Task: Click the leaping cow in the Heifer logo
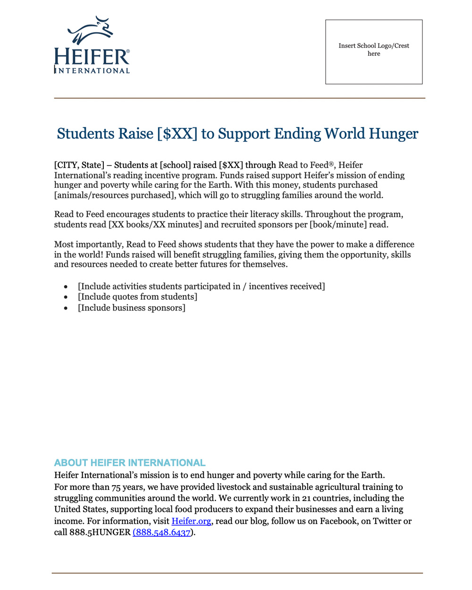click(x=91, y=31)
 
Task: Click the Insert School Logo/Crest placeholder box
click(x=373, y=52)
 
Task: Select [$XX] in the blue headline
click(x=177, y=134)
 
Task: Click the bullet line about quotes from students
click(x=137, y=297)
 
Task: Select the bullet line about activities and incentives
click(x=201, y=287)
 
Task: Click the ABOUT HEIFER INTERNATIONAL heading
click(x=130, y=463)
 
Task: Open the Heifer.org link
click(x=191, y=521)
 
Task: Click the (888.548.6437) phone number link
click(x=162, y=532)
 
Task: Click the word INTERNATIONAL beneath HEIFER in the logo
click(x=93, y=71)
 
